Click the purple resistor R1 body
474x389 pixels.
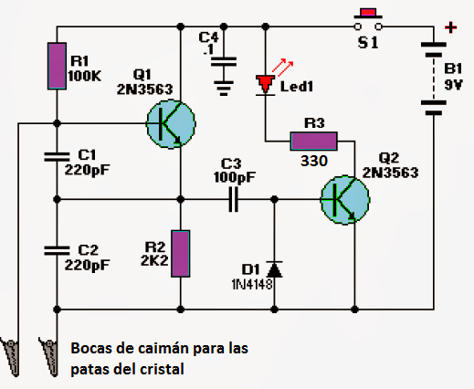click(57, 66)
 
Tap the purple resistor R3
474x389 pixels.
click(313, 141)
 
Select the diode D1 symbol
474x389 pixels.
click(274, 269)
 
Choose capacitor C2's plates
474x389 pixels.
click(57, 249)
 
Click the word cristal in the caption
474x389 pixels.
click(163, 369)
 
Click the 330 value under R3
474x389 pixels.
click(313, 161)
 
